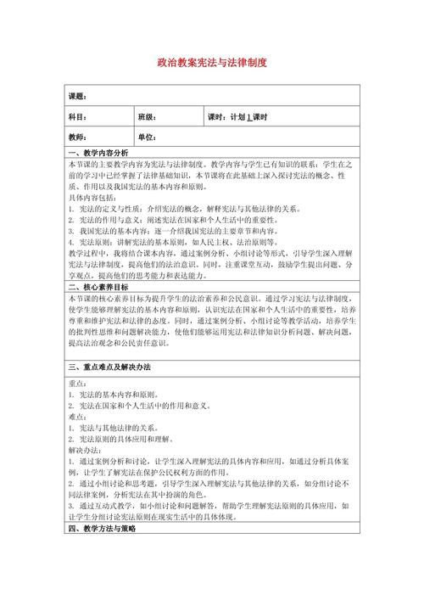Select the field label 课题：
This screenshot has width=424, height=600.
(x=77, y=96)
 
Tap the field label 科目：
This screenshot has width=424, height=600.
(x=77, y=116)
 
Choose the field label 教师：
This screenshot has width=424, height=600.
(x=77, y=137)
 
